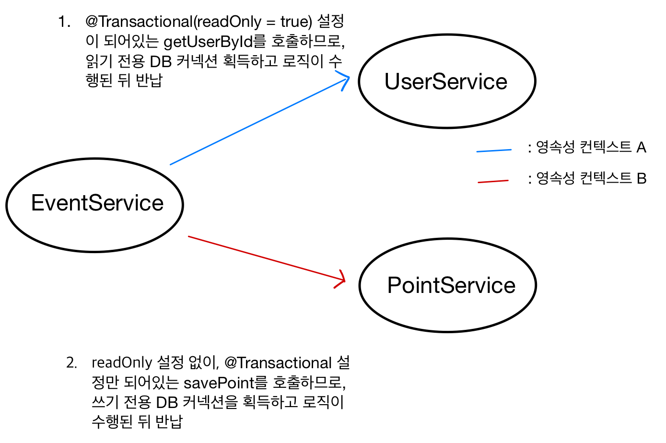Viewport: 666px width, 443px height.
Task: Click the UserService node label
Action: coord(446,82)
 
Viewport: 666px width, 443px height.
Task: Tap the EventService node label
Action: coord(97,203)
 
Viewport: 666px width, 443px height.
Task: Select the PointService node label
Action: coord(451,286)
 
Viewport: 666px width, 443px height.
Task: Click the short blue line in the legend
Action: coord(494,151)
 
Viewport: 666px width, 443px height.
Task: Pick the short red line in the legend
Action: coord(493,182)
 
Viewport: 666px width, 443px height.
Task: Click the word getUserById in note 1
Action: coord(208,42)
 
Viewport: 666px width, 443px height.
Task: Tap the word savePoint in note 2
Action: coord(219,383)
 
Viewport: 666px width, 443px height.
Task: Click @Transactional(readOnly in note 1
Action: coord(174,22)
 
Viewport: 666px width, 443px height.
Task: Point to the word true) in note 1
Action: coord(296,22)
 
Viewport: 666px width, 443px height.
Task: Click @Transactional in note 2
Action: coord(278,363)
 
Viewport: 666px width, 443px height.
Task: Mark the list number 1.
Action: coord(64,22)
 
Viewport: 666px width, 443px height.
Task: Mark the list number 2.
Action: coord(71,363)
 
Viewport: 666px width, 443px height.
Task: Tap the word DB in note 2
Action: coord(167,402)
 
